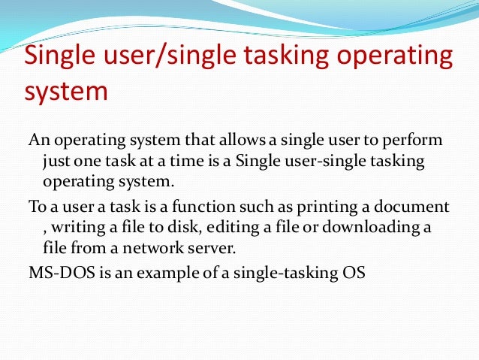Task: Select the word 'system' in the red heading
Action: pyautogui.click(x=67, y=94)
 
